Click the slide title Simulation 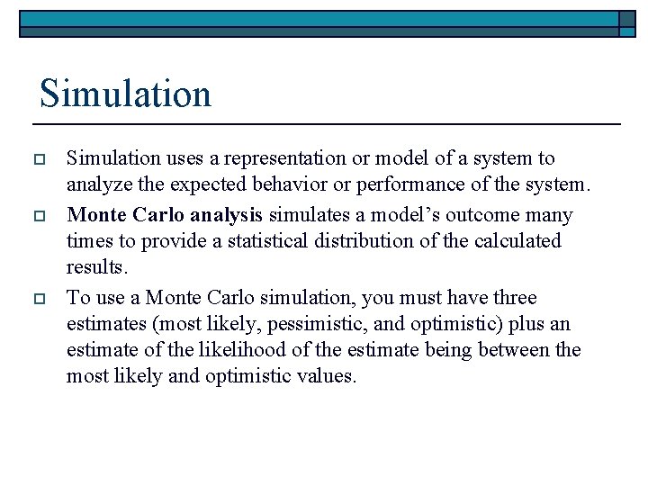[x=125, y=94]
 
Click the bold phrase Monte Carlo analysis [x=165, y=215]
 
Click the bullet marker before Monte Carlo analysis [x=40, y=216]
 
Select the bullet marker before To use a [x=40, y=298]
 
